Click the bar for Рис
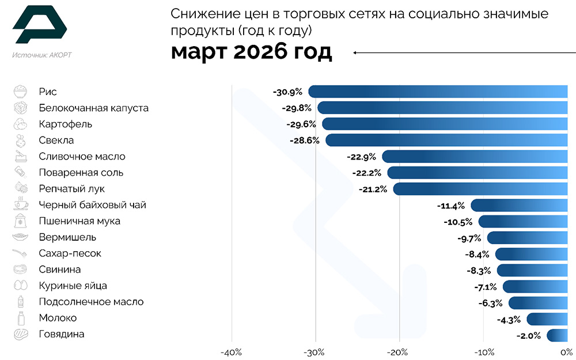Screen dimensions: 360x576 pyautogui.click(x=438, y=92)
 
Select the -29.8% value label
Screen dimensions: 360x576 pyautogui.click(x=297, y=108)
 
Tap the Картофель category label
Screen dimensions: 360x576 pyautogui.click(x=65, y=124)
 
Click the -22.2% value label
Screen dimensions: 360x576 pyautogui.click(x=366, y=172)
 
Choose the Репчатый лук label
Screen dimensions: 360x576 pyautogui.click(x=71, y=188)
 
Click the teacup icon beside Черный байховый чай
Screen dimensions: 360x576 pyautogui.click(x=20, y=204)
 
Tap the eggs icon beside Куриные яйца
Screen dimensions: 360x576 pyautogui.click(x=20, y=286)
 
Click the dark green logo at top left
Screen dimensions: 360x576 pyautogui.click(x=39, y=25)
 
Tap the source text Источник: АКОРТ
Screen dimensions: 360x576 pyautogui.click(x=42, y=55)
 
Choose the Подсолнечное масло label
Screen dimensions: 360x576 pyautogui.click(x=91, y=302)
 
